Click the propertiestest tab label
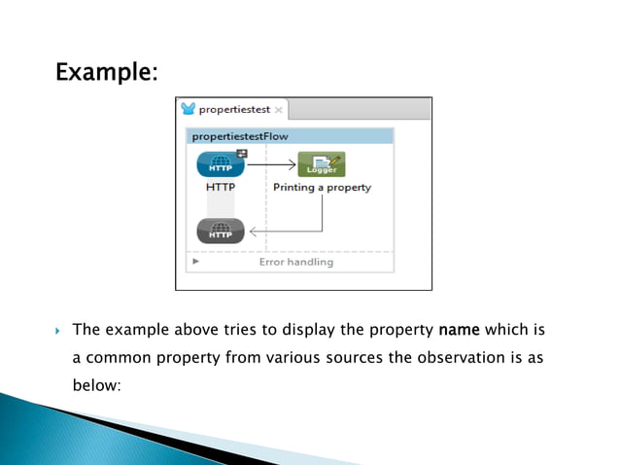(x=234, y=110)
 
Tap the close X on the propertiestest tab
(x=278, y=111)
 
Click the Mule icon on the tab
(x=189, y=109)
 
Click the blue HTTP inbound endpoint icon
(x=221, y=165)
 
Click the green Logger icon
(x=321, y=165)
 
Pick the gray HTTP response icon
(x=221, y=231)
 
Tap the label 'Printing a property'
(x=322, y=188)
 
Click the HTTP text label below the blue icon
(x=221, y=188)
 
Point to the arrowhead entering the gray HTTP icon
(x=254, y=232)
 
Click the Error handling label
(x=295, y=262)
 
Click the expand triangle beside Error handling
(x=195, y=262)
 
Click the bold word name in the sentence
(x=461, y=330)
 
